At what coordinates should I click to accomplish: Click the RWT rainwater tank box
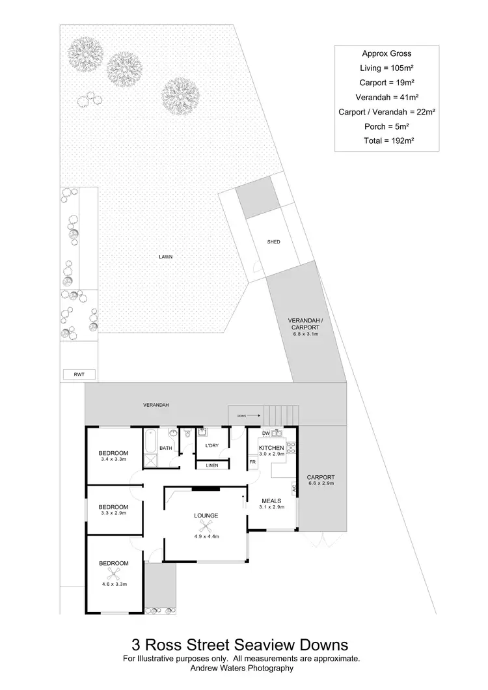point(79,374)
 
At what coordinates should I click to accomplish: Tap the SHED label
point(273,242)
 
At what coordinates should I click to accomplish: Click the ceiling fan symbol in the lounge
point(207,528)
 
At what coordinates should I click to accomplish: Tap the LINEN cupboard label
point(212,465)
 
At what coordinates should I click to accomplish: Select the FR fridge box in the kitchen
point(252,462)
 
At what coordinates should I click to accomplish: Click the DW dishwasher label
point(265,434)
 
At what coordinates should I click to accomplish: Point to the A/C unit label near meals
point(294,486)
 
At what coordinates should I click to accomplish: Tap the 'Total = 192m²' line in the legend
point(386,140)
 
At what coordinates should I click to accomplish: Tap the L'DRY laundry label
point(211,445)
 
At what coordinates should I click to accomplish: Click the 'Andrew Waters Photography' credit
point(241,667)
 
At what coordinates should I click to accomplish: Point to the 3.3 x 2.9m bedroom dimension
point(113,513)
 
